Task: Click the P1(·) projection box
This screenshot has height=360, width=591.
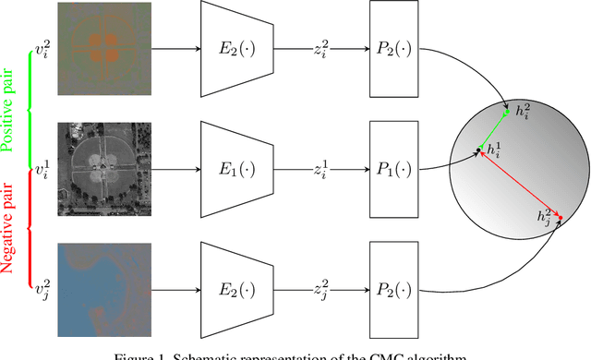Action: pyautogui.click(x=393, y=170)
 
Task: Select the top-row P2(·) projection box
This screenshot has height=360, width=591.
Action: pyautogui.click(x=393, y=48)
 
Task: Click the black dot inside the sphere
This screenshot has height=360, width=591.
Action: pyautogui.click(x=477, y=150)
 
